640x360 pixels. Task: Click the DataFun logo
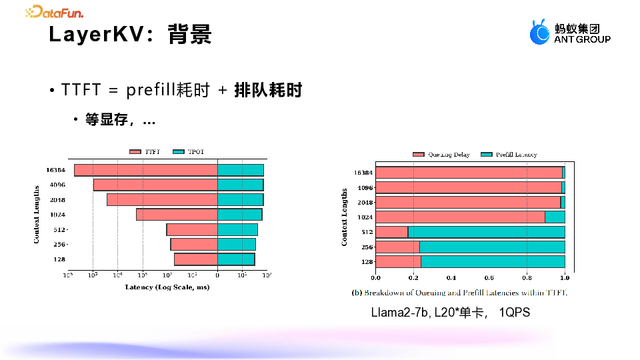[55, 11]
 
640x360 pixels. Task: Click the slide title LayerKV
[131, 34]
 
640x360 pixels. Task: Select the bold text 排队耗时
[268, 90]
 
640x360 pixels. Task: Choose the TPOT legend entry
[188, 152]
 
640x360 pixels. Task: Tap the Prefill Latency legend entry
[509, 155]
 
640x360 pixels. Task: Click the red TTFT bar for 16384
[145, 170]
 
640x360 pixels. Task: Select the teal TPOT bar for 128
[236, 259]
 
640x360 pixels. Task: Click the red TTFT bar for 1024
[177, 215]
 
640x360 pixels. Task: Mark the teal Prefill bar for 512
[486, 232]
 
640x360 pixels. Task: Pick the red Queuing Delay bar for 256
[397, 247]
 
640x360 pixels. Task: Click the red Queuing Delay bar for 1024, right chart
[460, 217]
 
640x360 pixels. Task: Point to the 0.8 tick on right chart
[527, 278]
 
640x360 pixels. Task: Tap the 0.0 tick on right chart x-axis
[375, 278]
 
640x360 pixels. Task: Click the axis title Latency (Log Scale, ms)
[167, 287]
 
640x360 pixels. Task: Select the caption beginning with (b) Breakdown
[459, 293]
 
